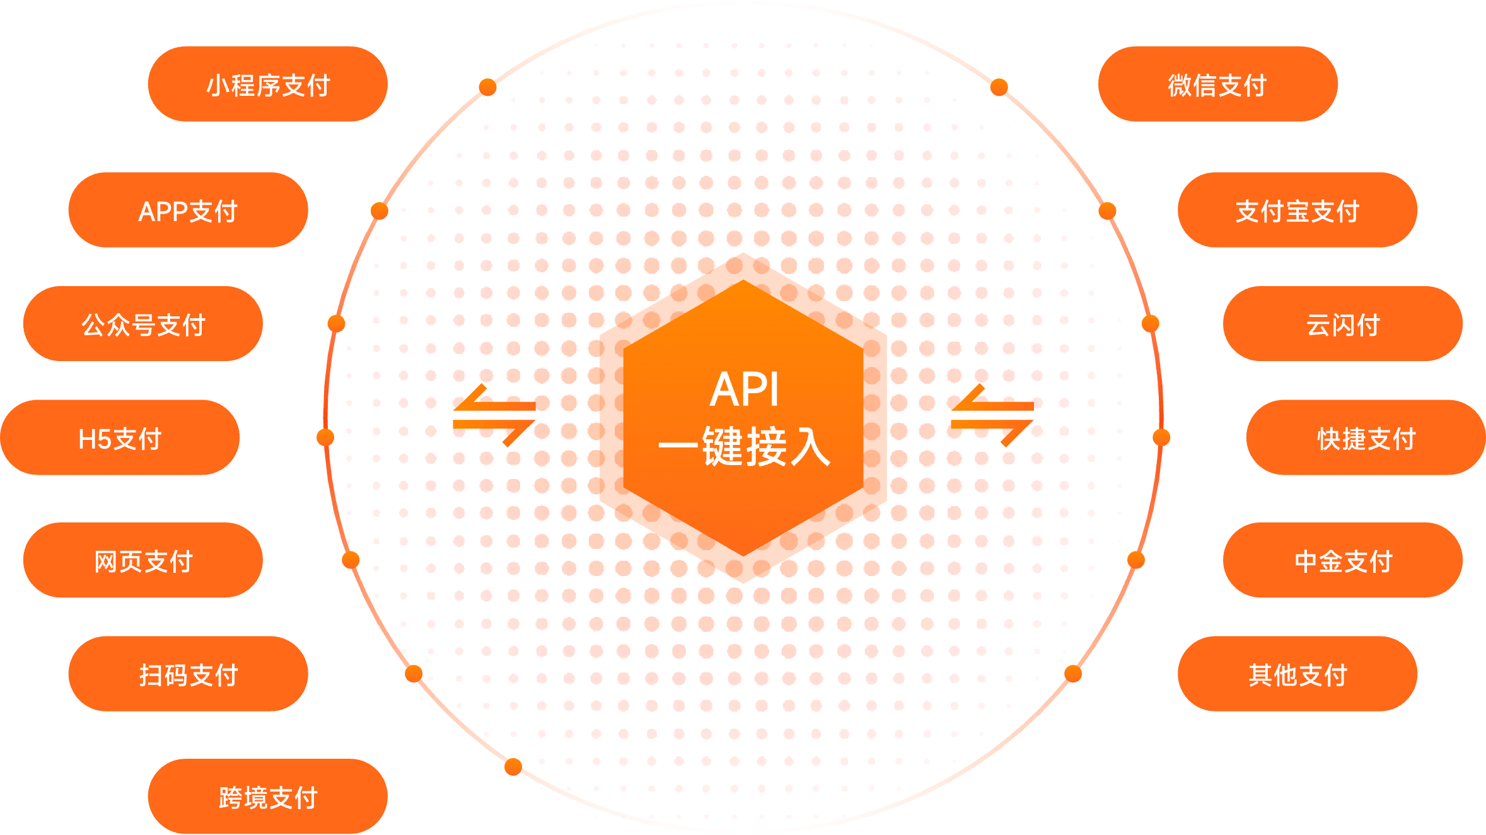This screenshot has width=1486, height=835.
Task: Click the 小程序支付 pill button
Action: (267, 84)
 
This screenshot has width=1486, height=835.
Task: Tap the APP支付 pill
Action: (188, 210)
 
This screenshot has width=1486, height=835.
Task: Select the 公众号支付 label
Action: (143, 324)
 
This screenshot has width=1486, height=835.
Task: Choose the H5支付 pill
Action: (120, 437)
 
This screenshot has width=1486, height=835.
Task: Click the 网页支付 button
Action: (143, 560)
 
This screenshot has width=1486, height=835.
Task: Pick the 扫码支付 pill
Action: (188, 674)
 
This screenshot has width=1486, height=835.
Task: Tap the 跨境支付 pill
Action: (267, 797)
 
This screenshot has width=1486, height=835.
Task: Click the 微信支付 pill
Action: (1217, 84)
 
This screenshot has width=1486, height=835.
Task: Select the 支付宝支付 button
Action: (1297, 210)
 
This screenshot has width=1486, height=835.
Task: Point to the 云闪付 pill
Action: (1342, 324)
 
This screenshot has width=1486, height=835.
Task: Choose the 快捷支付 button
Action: (1366, 437)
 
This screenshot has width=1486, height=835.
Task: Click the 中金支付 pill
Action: (1342, 560)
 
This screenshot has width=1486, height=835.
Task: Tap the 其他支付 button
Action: (1297, 674)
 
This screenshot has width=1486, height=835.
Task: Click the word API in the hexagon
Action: (744, 389)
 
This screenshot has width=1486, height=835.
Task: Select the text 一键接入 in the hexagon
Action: (744, 447)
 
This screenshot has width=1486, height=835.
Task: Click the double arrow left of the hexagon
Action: (494, 415)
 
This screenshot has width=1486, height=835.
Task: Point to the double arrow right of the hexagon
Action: (991, 415)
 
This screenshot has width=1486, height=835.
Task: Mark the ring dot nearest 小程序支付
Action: (487, 87)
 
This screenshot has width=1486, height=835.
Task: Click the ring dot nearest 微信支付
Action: (999, 87)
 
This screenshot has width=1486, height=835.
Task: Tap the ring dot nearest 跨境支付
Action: (513, 767)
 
